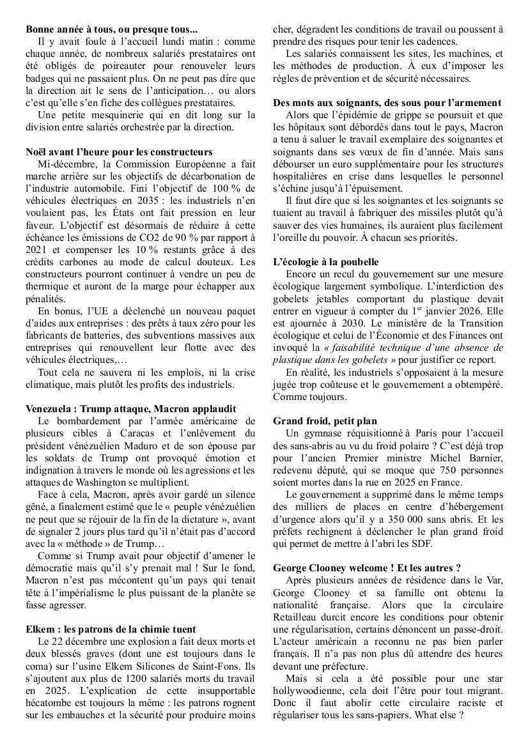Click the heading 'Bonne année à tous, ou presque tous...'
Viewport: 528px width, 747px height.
(x=112, y=29)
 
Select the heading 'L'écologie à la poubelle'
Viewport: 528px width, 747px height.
(x=326, y=262)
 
